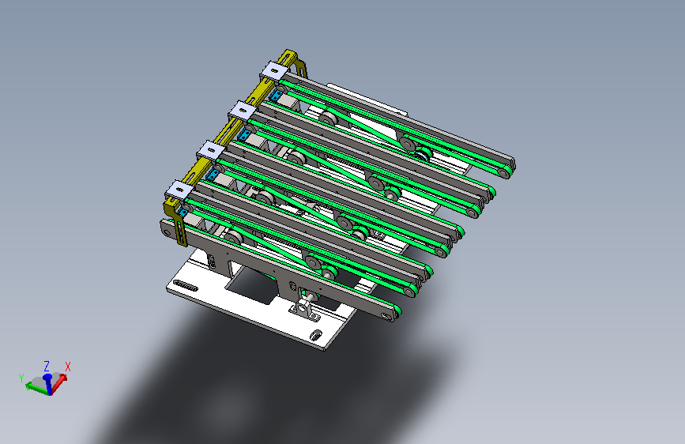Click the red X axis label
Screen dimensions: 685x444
(68, 367)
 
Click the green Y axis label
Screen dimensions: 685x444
(21, 378)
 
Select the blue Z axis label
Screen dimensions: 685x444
(47, 366)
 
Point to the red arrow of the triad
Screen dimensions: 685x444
(59, 383)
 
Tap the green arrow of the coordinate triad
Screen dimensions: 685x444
(37, 388)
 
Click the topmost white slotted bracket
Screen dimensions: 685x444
(274, 71)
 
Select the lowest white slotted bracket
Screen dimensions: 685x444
(179, 190)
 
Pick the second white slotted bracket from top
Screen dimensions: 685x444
(242, 111)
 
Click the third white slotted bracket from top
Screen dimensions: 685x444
(211, 151)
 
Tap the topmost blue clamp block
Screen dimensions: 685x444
(275, 94)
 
